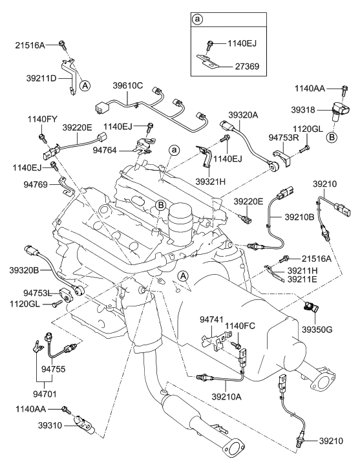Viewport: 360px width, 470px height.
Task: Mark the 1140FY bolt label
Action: (43, 120)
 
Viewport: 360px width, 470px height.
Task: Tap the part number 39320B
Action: (24, 270)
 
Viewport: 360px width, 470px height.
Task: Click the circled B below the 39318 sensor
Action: (332, 136)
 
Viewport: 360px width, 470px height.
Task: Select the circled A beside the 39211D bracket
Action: (85, 84)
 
